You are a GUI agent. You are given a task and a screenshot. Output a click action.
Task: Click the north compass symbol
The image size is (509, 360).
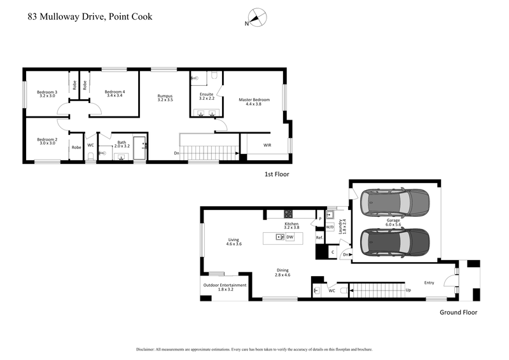point(256,18)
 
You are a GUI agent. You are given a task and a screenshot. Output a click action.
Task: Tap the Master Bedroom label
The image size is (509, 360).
point(254,102)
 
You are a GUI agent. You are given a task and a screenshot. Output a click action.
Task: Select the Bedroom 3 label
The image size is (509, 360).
point(47,94)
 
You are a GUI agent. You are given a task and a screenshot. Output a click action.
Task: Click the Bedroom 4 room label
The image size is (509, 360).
point(115,94)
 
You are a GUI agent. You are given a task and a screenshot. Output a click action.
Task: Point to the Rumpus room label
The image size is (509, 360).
point(165,99)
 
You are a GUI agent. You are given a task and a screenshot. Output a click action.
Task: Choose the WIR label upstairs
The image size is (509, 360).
point(267,145)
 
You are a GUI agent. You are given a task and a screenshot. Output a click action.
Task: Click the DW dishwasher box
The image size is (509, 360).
point(289,237)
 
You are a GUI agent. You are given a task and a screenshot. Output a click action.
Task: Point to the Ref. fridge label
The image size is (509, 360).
point(320,237)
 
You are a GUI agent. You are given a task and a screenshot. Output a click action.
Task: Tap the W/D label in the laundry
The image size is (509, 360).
point(330,226)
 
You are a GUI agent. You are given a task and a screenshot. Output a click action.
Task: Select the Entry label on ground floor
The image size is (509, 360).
point(431,283)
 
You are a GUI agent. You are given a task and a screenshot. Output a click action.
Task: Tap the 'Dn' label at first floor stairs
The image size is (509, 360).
point(176,153)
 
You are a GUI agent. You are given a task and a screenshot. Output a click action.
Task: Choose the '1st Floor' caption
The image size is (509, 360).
point(276,173)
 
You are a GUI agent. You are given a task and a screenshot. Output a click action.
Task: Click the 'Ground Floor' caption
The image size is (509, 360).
point(458,312)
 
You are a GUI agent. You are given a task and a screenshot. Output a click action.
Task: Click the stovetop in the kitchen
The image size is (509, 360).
point(288,214)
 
